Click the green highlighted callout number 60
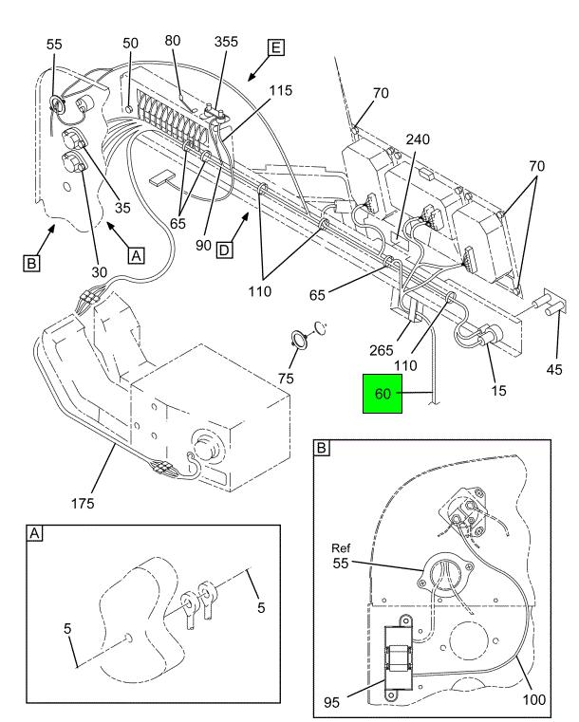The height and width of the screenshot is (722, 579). (382, 393)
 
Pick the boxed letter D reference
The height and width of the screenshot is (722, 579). (224, 250)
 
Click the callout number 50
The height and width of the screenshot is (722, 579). (130, 43)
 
